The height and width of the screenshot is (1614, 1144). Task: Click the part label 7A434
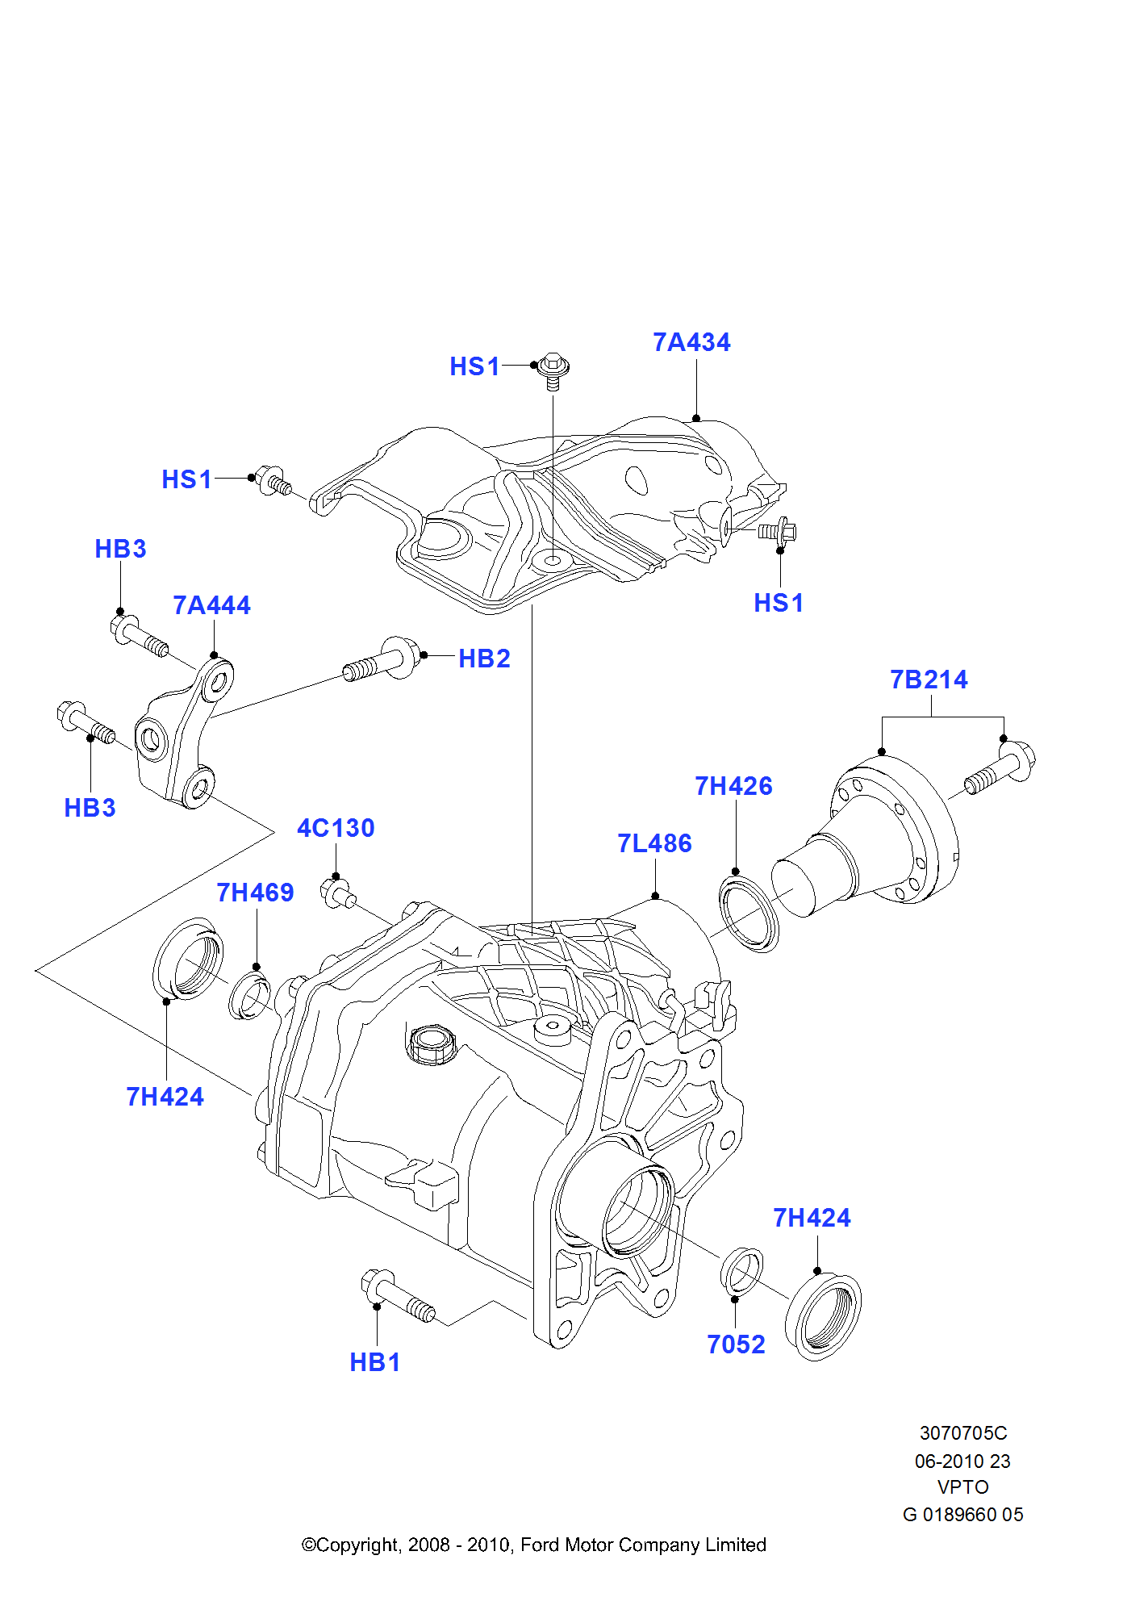click(691, 342)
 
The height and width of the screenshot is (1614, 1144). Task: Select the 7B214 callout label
click(929, 679)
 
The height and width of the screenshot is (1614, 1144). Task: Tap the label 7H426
click(733, 786)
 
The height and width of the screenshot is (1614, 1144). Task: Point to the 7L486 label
click(654, 843)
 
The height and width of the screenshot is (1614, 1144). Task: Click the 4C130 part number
click(336, 828)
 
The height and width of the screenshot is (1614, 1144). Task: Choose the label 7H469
click(255, 893)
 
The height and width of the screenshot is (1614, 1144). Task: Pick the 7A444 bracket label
click(211, 605)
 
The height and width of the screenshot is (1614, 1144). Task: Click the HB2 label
click(484, 659)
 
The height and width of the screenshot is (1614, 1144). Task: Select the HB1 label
click(374, 1362)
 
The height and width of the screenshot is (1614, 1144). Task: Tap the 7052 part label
click(736, 1344)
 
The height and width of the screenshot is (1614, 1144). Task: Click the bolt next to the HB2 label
click(383, 659)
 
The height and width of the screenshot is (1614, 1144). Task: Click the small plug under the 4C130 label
click(338, 893)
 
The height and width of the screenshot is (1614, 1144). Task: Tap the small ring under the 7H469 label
click(250, 997)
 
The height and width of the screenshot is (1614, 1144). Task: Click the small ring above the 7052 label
click(741, 1271)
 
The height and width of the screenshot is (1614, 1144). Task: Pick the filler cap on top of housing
click(432, 1044)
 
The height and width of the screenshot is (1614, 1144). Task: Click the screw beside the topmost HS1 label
click(553, 370)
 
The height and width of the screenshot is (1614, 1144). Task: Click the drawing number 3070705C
click(963, 1433)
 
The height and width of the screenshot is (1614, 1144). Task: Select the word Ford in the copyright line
click(540, 1545)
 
